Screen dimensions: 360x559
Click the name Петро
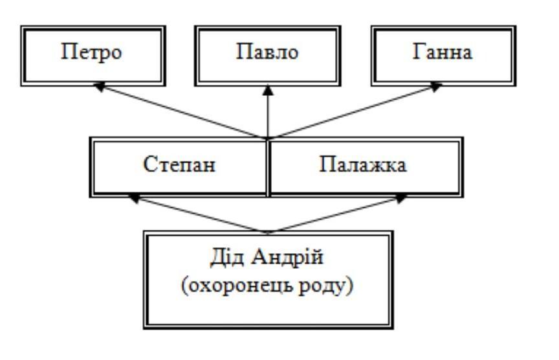point(91,52)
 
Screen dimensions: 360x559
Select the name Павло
point(267,52)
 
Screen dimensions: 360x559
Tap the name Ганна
point(443,52)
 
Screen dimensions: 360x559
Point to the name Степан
point(179,164)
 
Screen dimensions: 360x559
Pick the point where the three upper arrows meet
point(268,137)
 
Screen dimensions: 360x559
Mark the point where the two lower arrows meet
point(268,231)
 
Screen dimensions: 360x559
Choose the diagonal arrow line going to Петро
point(181,111)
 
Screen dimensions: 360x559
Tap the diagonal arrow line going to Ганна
point(353,111)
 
